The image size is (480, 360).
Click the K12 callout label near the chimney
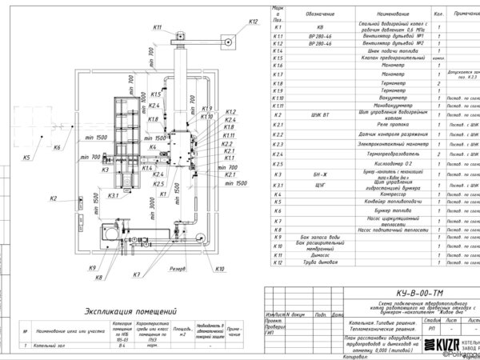(x=254, y=22)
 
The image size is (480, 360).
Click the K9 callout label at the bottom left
(x=92, y=268)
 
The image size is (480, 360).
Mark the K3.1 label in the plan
(x=114, y=195)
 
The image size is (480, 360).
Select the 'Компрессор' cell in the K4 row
(x=387, y=194)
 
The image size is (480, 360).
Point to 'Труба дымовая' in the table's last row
(x=387, y=263)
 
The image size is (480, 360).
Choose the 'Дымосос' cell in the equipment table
(x=387, y=254)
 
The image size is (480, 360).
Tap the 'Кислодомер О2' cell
(x=387, y=162)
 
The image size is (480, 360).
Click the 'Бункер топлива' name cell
(x=387, y=210)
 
